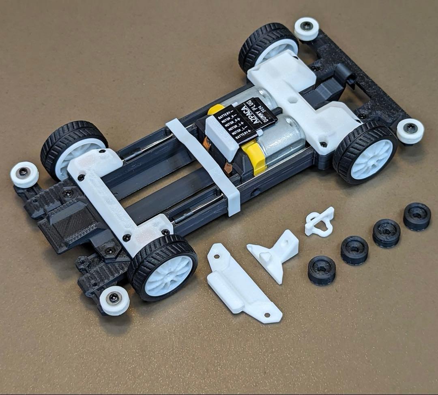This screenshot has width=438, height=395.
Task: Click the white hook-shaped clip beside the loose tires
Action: point(320,221)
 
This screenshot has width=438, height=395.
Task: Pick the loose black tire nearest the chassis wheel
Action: point(321,270)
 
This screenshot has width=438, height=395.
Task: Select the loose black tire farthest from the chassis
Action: point(417,217)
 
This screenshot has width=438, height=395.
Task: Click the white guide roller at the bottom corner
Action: point(114,300)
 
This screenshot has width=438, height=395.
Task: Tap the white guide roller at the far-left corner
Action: point(24,174)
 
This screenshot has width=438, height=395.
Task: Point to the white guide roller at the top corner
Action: point(307,28)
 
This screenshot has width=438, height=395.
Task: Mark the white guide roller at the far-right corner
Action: point(410,130)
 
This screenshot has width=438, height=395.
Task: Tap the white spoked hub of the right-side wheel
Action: point(371,159)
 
